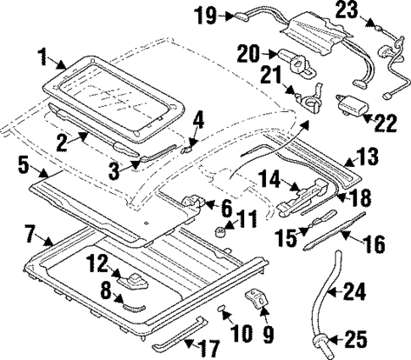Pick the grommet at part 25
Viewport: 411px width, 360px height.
point(324,342)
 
